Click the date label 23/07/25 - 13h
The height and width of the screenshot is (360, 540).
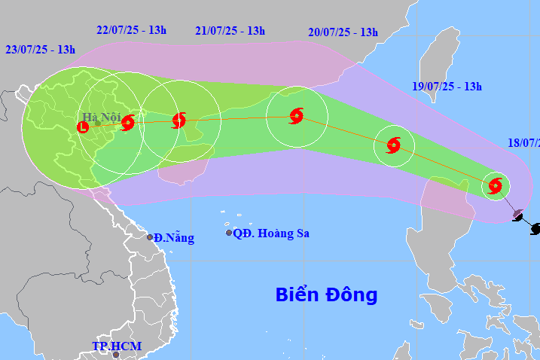pos(40,50)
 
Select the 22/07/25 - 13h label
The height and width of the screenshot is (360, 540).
pos(131,30)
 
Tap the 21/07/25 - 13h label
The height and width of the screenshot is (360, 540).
pos(230,31)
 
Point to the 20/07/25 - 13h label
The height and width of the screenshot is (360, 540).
pos(343,32)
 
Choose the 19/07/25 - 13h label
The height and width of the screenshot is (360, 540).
pos(447,87)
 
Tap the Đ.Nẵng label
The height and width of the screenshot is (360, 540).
pos(175,238)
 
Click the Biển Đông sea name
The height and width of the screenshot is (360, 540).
pos(325,294)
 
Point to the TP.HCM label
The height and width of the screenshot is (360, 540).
pos(117,346)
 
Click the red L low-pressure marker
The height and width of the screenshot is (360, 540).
pos(83,127)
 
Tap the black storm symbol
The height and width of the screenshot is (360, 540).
pos(535,228)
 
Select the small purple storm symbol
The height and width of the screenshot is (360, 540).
pos(517,215)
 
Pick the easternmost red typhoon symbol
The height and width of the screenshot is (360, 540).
pos(495,185)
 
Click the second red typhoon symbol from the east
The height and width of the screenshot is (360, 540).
pos(394,145)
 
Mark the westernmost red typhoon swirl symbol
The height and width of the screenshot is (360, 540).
pos(127,122)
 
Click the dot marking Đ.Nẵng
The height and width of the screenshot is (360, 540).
pos(150,238)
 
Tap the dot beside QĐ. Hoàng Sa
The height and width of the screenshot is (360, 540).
pos(229,233)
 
